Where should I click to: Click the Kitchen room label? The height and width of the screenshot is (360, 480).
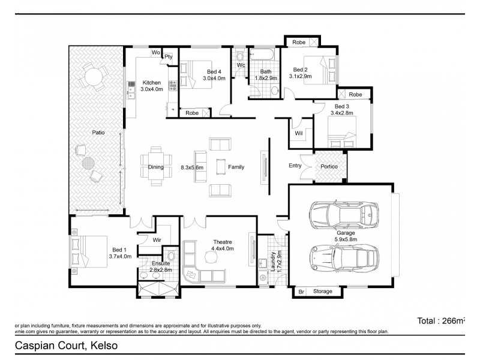click(151, 82)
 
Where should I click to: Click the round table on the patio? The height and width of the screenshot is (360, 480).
click(93, 77)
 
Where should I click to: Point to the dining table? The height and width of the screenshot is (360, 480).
click(156, 167)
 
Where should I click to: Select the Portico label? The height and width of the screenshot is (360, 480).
click(329, 166)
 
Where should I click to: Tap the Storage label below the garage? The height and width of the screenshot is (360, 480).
click(323, 292)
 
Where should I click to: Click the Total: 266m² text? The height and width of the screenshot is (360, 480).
click(441, 321)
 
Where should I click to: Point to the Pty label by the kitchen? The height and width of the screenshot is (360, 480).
click(169, 55)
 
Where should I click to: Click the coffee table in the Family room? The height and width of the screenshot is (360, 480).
click(220, 167)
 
